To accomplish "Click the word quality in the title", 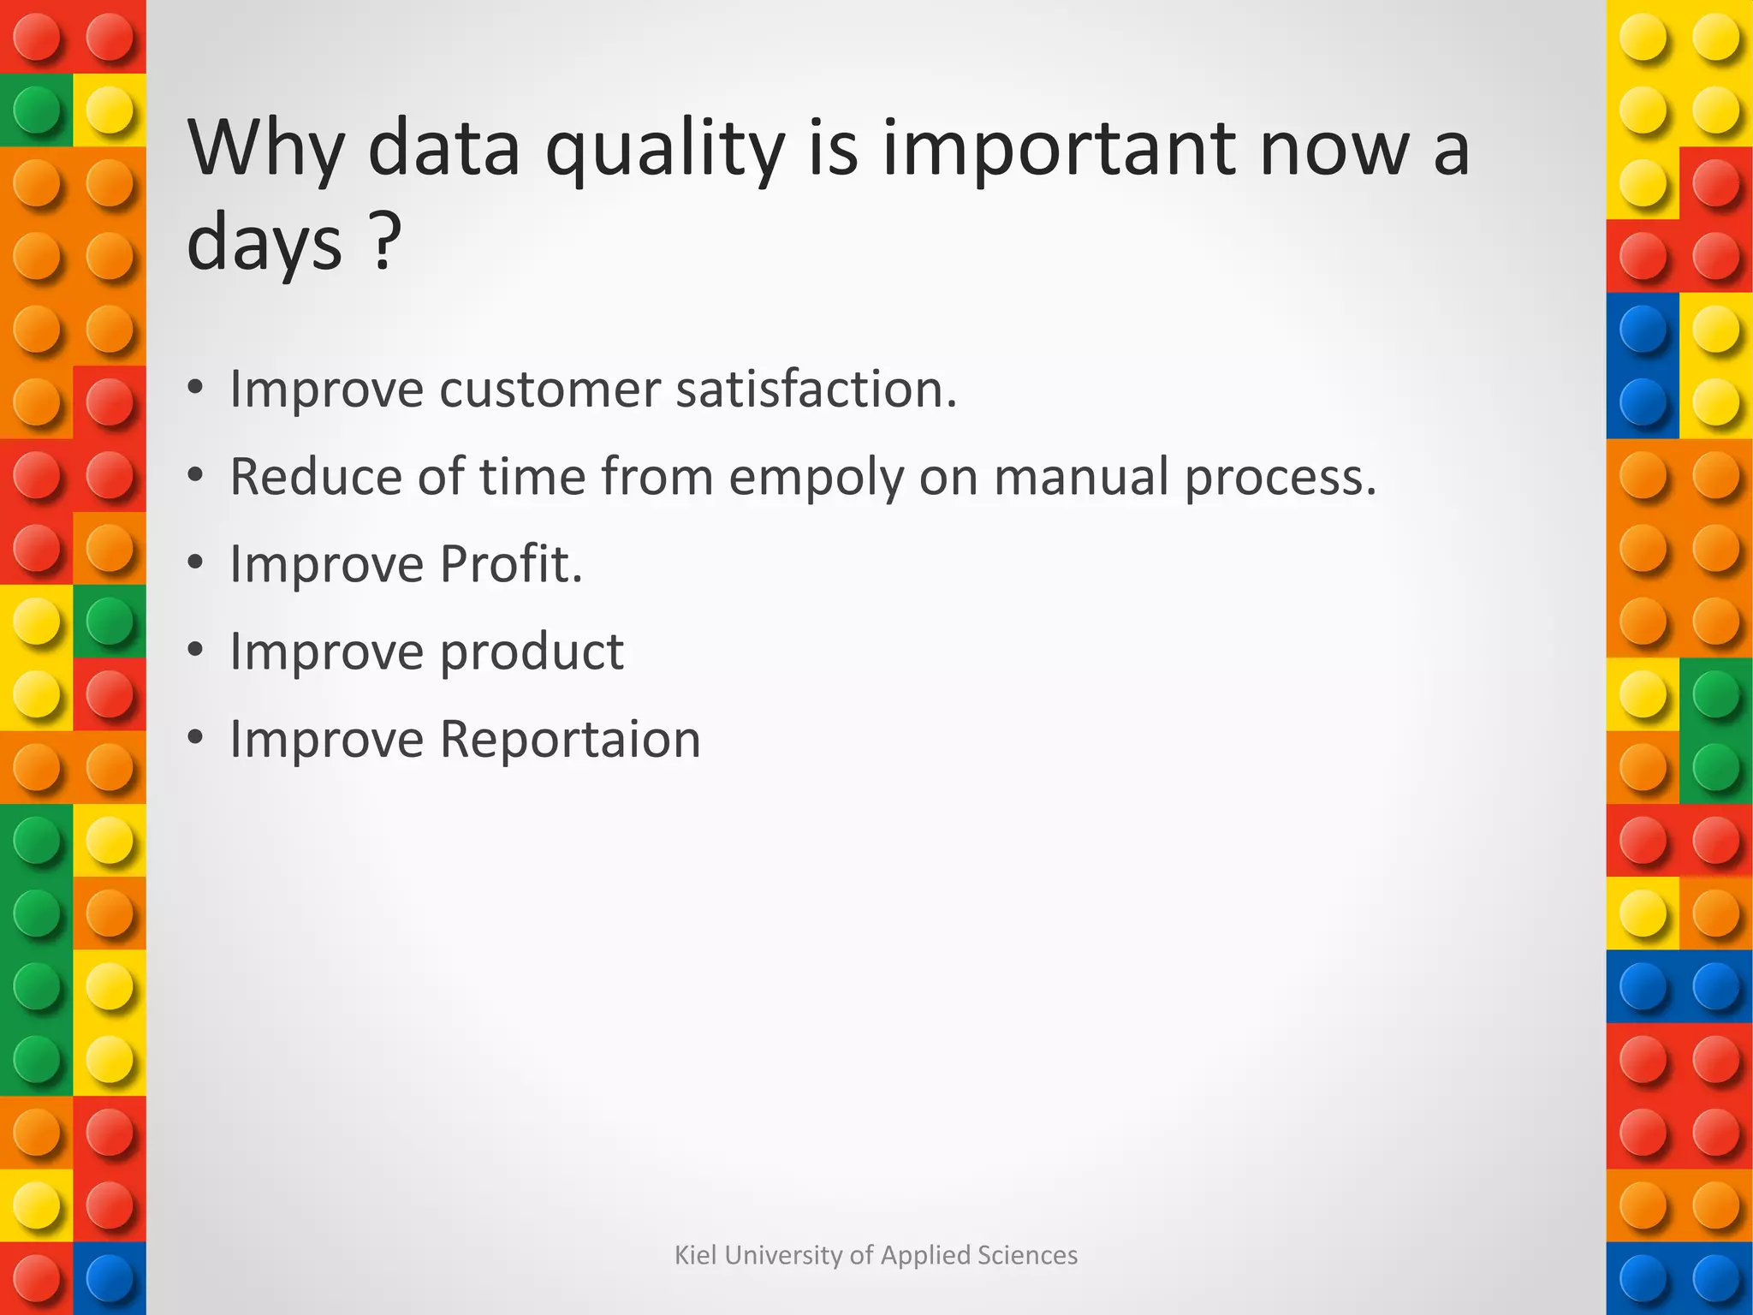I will tap(665, 150).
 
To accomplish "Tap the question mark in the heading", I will tap(387, 244).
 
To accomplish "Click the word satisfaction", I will tap(815, 390).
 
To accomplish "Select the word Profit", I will tap(511, 564).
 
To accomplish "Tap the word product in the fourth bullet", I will tap(532, 653).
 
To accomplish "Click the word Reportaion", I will tap(570, 739).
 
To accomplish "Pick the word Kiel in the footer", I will tap(692, 1255).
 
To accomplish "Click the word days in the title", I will tap(264, 244).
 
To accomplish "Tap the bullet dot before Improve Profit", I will tap(196, 563).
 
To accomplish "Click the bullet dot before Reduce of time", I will tap(196, 475).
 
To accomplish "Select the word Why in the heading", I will tap(266, 150).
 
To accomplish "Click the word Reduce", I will tap(316, 476).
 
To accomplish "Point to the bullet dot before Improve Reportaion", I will tap(196, 738).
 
